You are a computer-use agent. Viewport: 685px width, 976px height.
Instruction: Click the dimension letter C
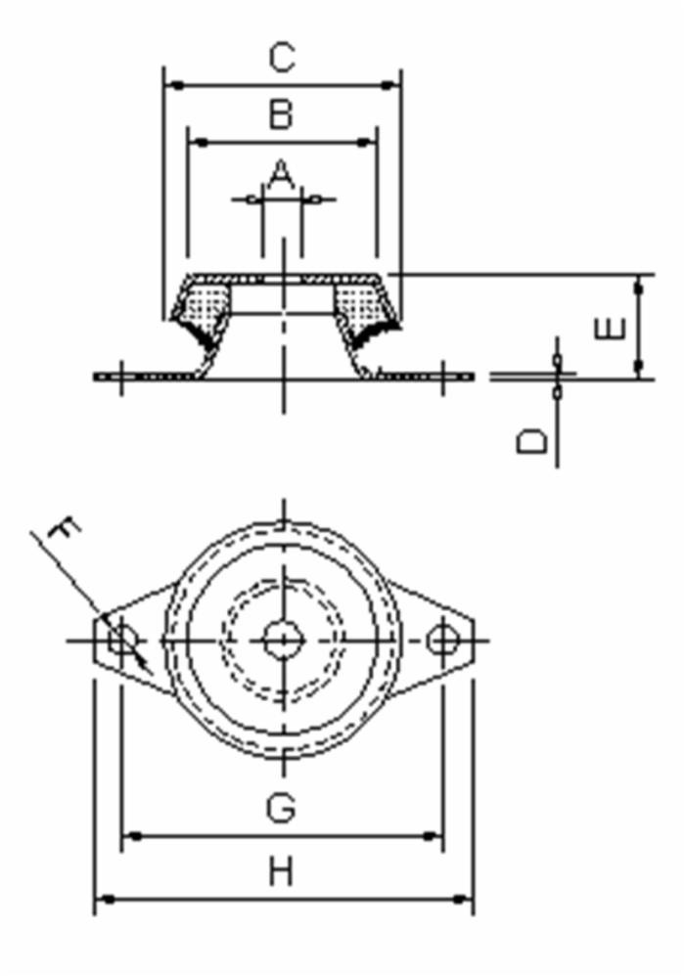(x=281, y=58)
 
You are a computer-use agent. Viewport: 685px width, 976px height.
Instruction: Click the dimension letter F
(x=64, y=533)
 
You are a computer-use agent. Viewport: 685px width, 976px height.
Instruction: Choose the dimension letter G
(x=281, y=808)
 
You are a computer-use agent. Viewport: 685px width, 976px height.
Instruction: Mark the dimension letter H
(x=281, y=870)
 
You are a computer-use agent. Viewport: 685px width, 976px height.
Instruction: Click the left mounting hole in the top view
(x=121, y=641)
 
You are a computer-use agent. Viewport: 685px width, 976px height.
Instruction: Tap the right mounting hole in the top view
(x=442, y=641)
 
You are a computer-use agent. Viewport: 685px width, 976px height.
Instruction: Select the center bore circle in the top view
(x=283, y=641)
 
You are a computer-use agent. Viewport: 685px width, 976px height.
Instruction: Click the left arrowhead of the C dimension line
(x=172, y=85)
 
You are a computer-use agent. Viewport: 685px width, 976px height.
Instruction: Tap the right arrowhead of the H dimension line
(x=466, y=899)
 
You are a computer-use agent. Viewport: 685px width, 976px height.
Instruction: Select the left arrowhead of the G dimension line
(x=129, y=837)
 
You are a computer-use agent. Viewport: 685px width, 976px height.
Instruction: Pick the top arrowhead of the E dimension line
(x=639, y=283)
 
